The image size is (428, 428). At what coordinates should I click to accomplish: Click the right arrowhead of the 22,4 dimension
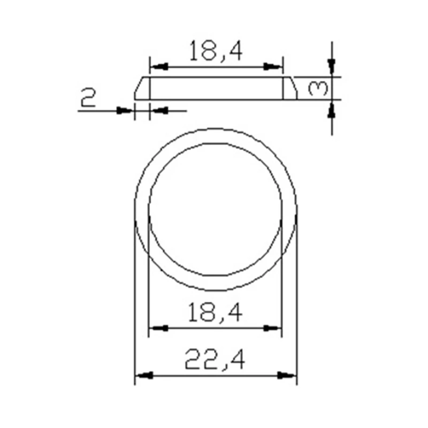[289, 376]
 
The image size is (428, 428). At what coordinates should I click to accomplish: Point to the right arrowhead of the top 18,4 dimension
[274, 67]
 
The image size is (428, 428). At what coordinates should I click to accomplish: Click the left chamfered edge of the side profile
[138, 87]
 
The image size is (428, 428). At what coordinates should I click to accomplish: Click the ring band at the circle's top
[215, 136]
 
